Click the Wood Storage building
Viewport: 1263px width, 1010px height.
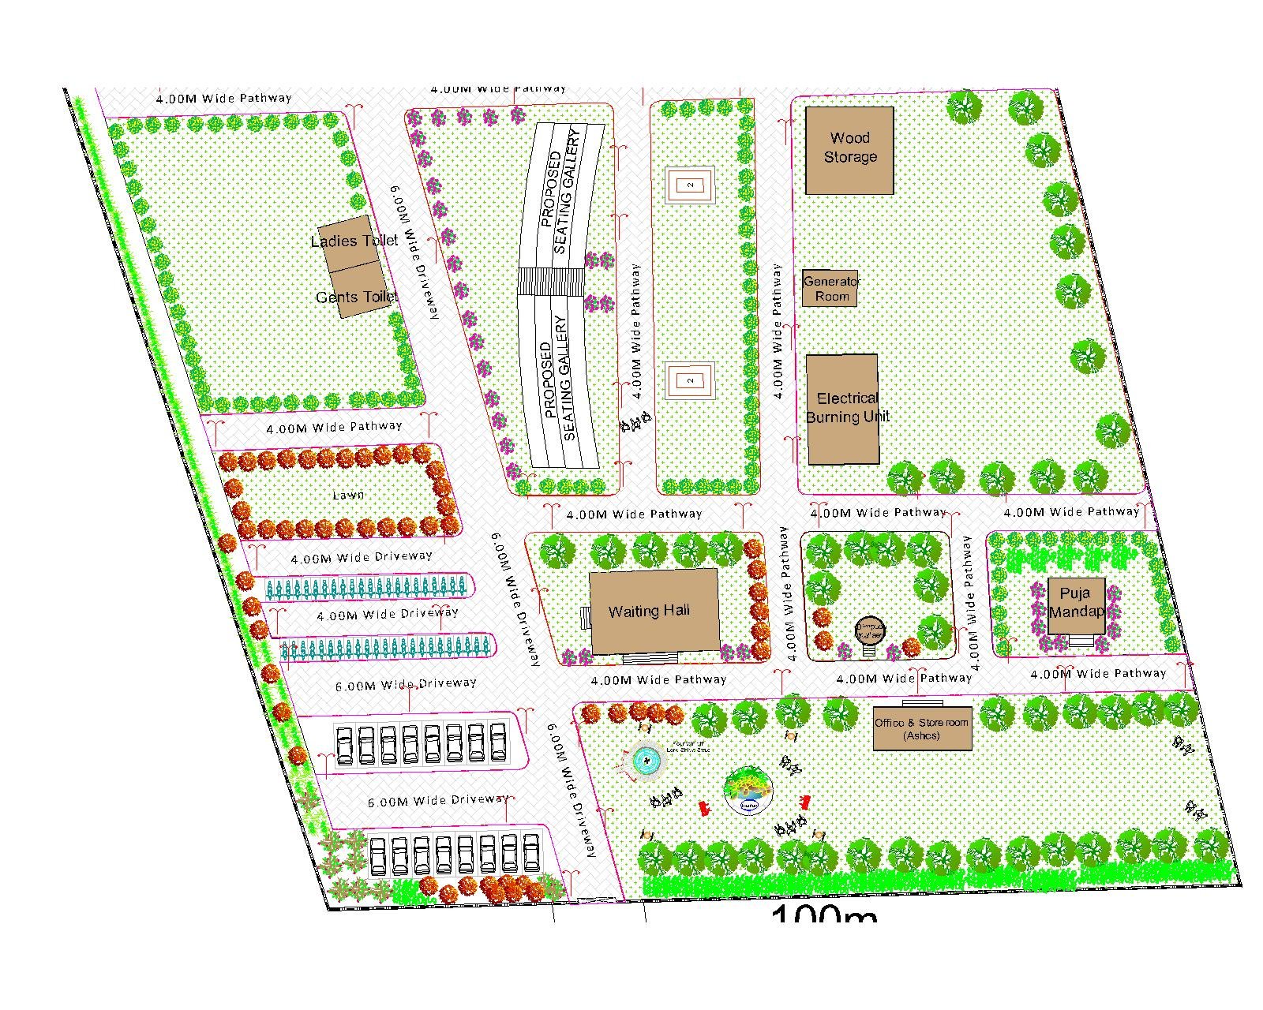click(849, 150)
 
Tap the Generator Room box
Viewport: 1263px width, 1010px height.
click(830, 289)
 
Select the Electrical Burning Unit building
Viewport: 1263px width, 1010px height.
click(842, 409)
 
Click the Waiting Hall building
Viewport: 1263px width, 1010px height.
click(654, 611)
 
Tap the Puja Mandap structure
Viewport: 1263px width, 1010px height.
click(1076, 605)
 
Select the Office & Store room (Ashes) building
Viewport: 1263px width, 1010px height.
click(921, 728)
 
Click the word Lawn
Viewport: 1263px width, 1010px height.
click(348, 495)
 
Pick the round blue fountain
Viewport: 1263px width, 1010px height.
click(646, 761)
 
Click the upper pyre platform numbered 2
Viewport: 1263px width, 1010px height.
click(691, 185)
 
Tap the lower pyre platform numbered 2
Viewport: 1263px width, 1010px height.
click(691, 380)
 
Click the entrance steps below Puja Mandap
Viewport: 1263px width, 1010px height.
click(1081, 642)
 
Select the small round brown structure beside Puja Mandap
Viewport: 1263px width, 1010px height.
click(869, 630)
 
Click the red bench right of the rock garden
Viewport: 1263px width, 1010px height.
click(804, 802)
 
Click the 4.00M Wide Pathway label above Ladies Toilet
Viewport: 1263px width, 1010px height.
click(223, 99)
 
